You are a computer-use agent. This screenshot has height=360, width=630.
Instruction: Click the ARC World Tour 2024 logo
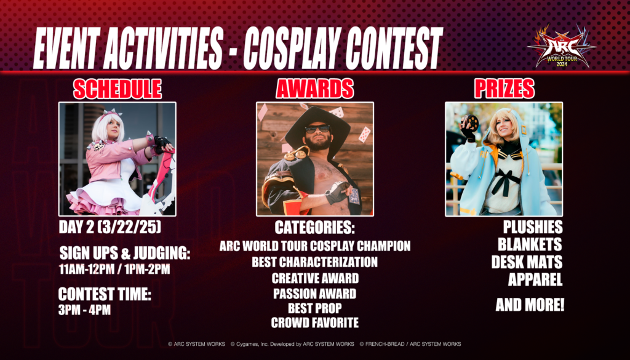pos(562,46)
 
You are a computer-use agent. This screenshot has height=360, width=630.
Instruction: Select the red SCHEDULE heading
pos(118,89)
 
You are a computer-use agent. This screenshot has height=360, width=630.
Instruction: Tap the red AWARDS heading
pos(314,89)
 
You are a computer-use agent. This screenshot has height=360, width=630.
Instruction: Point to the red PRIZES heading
pos(504,89)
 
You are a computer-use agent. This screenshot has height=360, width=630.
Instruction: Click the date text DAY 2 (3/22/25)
pos(110,228)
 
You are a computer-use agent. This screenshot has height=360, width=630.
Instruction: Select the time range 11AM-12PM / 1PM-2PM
pos(114,269)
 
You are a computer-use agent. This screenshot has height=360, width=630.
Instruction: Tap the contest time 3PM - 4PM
pos(84,310)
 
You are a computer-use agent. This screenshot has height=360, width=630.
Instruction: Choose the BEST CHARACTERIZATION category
pos(314,262)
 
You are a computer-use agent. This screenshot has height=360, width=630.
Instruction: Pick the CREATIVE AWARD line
pos(315,278)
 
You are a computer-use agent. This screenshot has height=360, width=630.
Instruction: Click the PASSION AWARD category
pos(314,294)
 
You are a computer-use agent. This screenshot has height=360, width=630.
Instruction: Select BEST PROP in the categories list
pos(315,308)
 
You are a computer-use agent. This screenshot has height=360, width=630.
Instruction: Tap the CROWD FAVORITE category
pos(315,322)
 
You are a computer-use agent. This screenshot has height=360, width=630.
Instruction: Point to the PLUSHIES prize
pos(533,228)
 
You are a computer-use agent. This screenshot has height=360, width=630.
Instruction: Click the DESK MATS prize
pos(527,262)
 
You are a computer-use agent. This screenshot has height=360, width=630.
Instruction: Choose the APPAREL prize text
pos(535,279)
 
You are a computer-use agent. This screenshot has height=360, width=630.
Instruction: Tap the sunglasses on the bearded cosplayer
pos(317,129)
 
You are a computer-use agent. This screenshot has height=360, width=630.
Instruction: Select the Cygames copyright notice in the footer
pos(292,344)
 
